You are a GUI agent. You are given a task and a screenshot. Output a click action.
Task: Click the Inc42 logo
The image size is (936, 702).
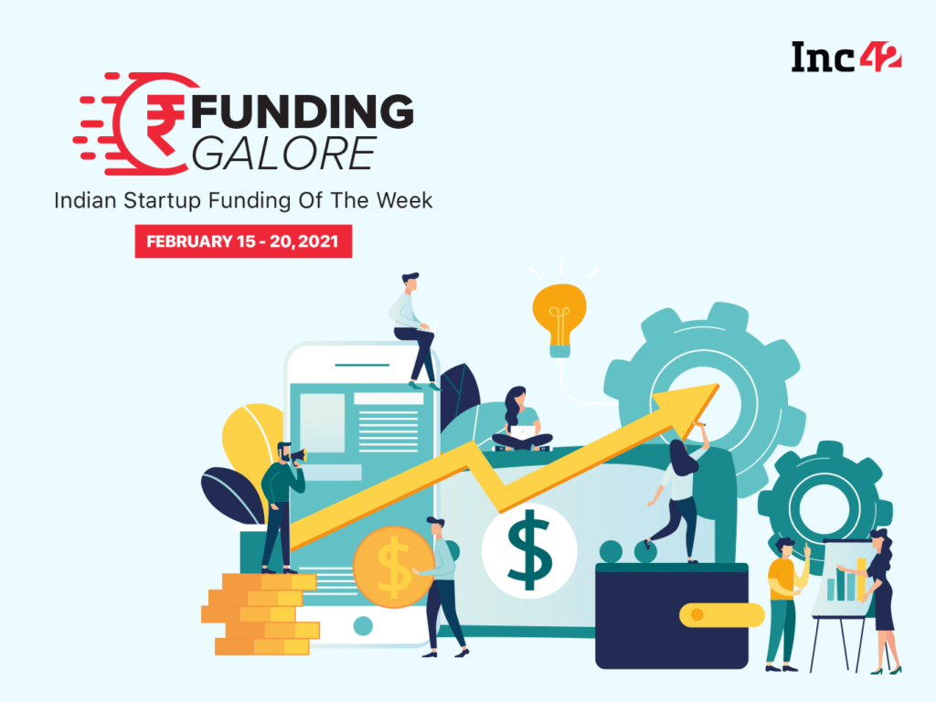coord(846,57)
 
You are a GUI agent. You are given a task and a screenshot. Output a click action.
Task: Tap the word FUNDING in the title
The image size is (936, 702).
coord(303,111)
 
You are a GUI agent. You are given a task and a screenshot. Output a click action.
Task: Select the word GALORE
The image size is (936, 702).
coord(284,154)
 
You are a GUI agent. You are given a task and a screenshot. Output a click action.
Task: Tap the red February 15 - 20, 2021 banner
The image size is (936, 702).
coord(243,241)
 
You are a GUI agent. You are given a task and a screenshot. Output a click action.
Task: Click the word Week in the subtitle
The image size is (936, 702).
coord(404,200)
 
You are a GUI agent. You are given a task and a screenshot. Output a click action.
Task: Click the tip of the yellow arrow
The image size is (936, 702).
coord(718,385)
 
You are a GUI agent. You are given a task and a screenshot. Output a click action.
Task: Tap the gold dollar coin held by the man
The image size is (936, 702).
coord(393,567)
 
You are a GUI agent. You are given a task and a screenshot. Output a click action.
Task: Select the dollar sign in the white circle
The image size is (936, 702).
coord(529,549)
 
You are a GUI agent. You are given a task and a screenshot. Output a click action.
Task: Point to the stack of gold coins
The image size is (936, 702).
coord(261,614)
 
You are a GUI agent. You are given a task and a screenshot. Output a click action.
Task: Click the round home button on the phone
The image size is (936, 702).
coord(363,625)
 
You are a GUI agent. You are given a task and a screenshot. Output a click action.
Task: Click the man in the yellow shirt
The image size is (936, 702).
coord(785,604)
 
